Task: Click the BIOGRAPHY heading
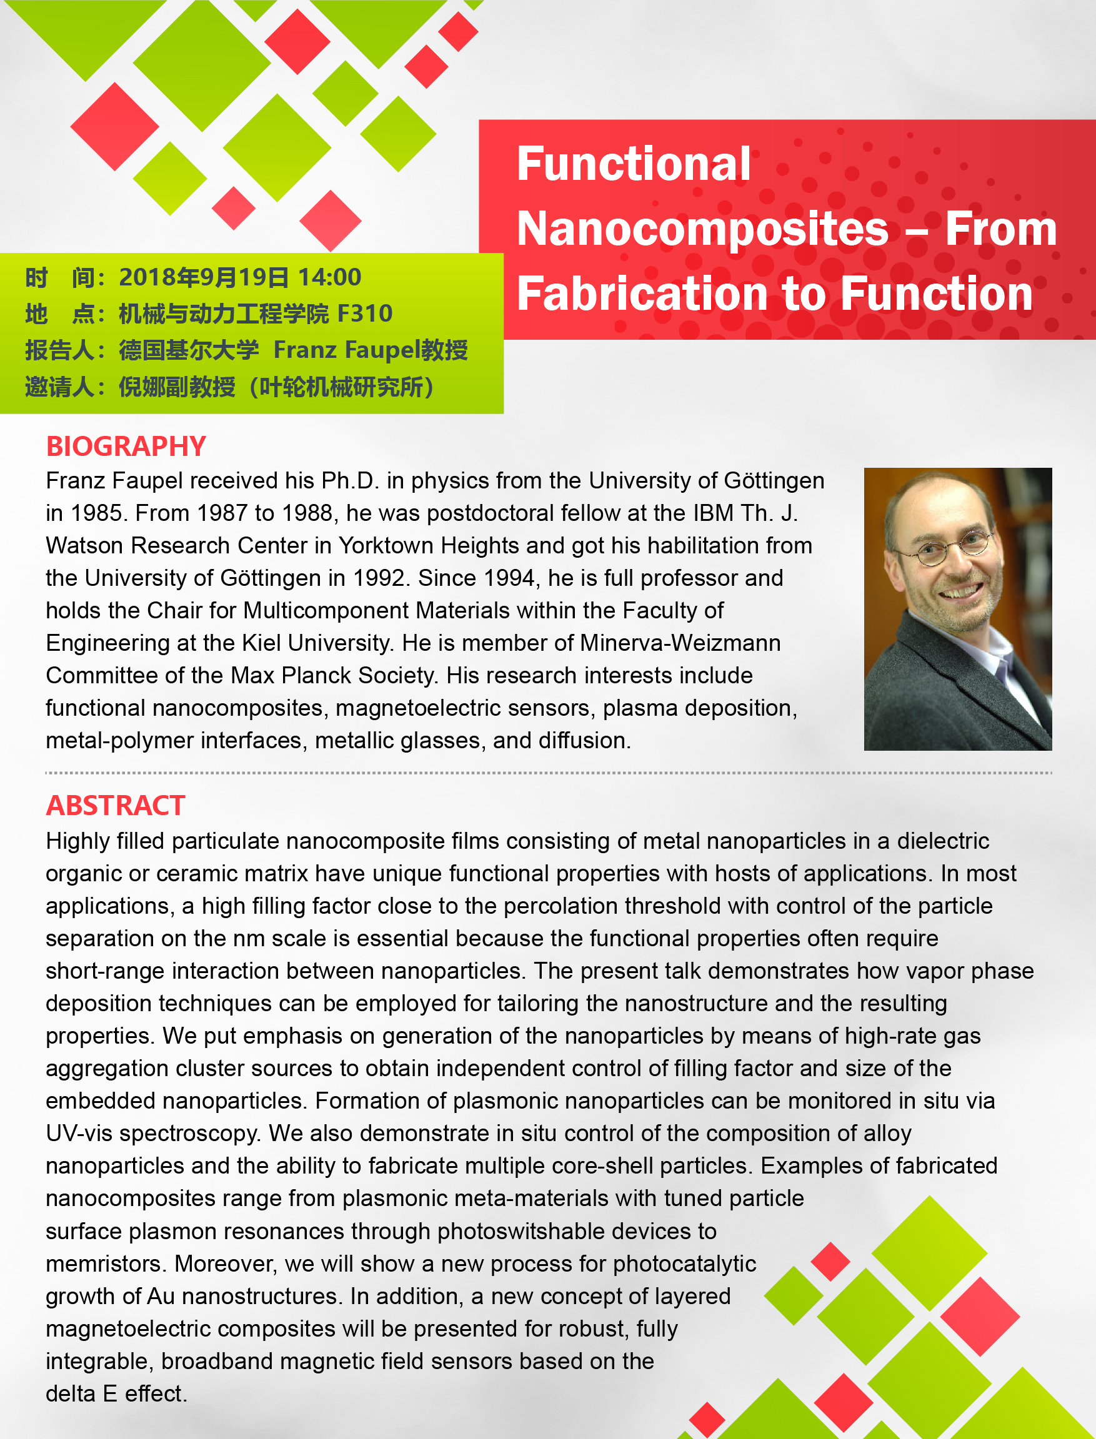pos(126,447)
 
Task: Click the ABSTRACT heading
pos(116,805)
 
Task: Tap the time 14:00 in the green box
pos(329,277)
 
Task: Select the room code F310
pos(365,314)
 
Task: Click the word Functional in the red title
pos(634,164)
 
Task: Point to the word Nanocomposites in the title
pos(702,229)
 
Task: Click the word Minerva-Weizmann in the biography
pos(680,643)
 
